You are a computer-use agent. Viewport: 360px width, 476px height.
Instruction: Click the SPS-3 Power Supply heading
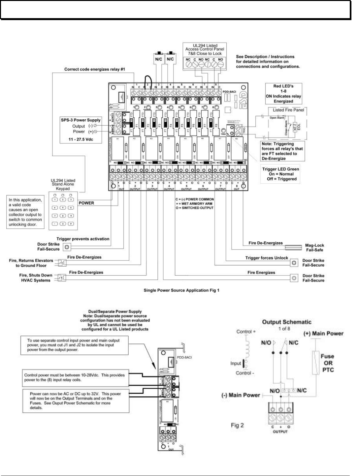(81, 120)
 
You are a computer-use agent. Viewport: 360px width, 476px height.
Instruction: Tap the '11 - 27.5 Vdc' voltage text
(81, 139)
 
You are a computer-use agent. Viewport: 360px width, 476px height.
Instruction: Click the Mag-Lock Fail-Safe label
(314, 248)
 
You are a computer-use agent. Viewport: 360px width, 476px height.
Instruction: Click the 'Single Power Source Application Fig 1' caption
(181, 290)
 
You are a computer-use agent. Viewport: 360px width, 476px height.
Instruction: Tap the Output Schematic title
(286, 322)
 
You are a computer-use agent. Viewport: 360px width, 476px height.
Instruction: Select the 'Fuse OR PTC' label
(328, 363)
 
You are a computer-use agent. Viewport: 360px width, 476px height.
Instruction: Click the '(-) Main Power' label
(241, 395)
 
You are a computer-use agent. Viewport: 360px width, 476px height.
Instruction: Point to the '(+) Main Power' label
(323, 334)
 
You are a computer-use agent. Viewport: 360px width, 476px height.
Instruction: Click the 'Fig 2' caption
(237, 425)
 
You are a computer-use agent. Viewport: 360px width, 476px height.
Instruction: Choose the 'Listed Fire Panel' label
(288, 110)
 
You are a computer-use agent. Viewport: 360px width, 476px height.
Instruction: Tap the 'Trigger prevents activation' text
(83, 239)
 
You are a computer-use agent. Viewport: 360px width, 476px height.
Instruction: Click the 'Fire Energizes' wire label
(261, 273)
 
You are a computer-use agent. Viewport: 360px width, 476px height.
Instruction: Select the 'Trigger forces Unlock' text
(267, 258)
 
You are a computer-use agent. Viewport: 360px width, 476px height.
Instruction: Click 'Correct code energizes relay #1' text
(94, 69)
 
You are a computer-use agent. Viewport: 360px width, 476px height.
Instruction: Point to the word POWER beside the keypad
(86, 203)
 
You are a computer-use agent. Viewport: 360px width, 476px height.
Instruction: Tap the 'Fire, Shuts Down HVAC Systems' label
(36, 278)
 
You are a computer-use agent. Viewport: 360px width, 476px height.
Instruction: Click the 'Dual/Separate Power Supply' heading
(115, 312)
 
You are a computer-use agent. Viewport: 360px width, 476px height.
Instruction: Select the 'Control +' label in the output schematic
(246, 332)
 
